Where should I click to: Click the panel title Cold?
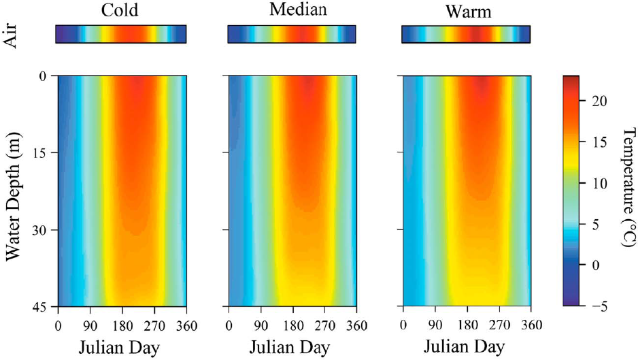pyautogui.click(x=121, y=10)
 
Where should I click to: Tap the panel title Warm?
pyautogui.click(x=465, y=12)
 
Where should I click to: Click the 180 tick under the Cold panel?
pyautogui.click(x=122, y=325)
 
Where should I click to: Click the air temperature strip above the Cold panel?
pyautogui.click(x=121, y=34)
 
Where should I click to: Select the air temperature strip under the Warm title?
pyautogui.click(x=466, y=34)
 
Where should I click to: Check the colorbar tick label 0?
pyautogui.click(x=597, y=265)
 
